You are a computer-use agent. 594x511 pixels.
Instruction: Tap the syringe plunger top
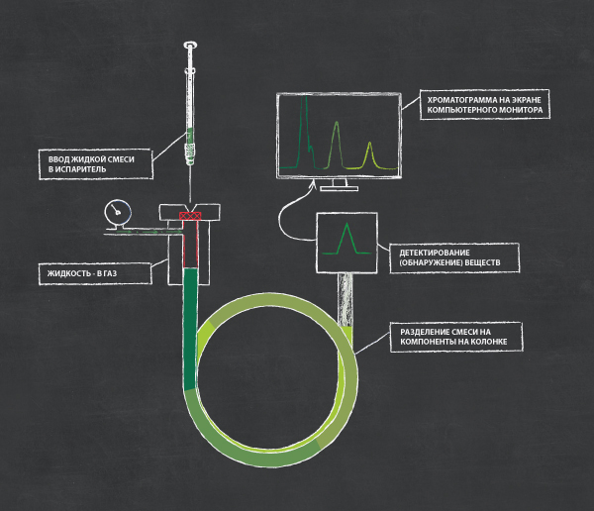tap(190, 46)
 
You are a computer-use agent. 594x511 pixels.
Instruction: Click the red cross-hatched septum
tap(190, 216)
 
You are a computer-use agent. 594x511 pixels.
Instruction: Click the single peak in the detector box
tap(346, 239)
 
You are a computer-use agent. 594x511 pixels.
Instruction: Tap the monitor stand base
tap(339, 188)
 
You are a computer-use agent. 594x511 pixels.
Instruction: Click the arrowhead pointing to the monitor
tap(313, 184)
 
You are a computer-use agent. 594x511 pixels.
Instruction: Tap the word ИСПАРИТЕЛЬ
tap(80, 169)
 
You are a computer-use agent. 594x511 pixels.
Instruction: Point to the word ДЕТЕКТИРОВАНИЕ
tap(435, 253)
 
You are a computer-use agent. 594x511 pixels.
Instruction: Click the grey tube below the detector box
tap(345, 299)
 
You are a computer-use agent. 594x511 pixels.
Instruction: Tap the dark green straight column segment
tap(190, 329)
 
